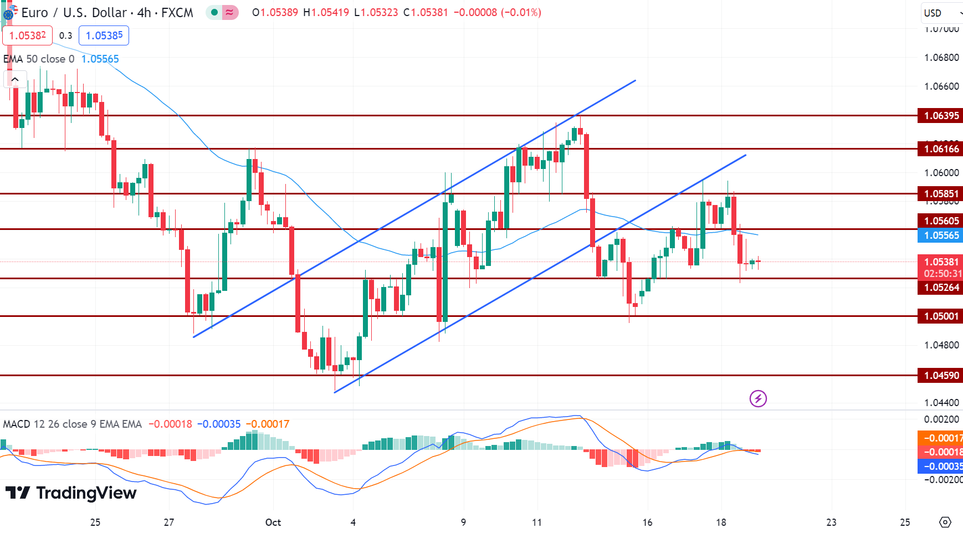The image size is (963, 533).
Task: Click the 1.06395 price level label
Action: click(x=940, y=116)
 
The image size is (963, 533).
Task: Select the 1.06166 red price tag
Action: click(x=940, y=148)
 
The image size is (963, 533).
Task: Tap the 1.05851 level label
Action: click(x=940, y=193)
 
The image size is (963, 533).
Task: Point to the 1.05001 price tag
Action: click(x=940, y=316)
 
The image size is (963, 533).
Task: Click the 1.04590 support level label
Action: click(x=940, y=376)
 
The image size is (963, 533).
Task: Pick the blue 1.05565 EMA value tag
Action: click(x=940, y=235)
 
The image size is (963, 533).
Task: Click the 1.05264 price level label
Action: click(x=940, y=287)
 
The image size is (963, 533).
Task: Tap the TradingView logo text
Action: click(x=71, y=493)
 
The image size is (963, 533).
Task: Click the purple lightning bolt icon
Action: click(x=758, y=398)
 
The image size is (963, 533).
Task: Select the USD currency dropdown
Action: click(x=941, y=13)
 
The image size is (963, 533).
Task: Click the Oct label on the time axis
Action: click(x=273, y=522)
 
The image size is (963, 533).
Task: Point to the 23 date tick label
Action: click(x=831, y=522)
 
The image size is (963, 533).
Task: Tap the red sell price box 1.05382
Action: click(x=28, y=35)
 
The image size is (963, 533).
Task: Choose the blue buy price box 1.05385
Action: click(x=104, y=35)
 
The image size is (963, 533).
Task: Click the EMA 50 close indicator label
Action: click(x=39, y=59)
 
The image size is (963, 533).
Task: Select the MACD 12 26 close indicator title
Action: click(x=72, y=424)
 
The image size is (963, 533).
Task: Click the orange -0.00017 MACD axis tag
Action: click(x=940, y=438)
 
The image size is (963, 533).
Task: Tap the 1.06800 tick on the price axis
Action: click(x=941, y=58)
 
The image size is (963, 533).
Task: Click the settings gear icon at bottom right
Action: click(x=945, y=522)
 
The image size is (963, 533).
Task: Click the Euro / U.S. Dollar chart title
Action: click(x=107, y=13)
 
